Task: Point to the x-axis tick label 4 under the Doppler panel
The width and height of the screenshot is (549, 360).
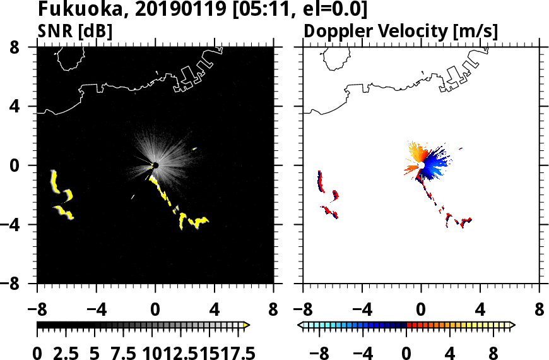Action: (x=480, y=311)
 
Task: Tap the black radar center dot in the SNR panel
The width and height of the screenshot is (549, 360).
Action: (x=155, y=165)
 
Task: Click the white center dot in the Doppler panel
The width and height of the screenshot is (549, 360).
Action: (x=420, y=165)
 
